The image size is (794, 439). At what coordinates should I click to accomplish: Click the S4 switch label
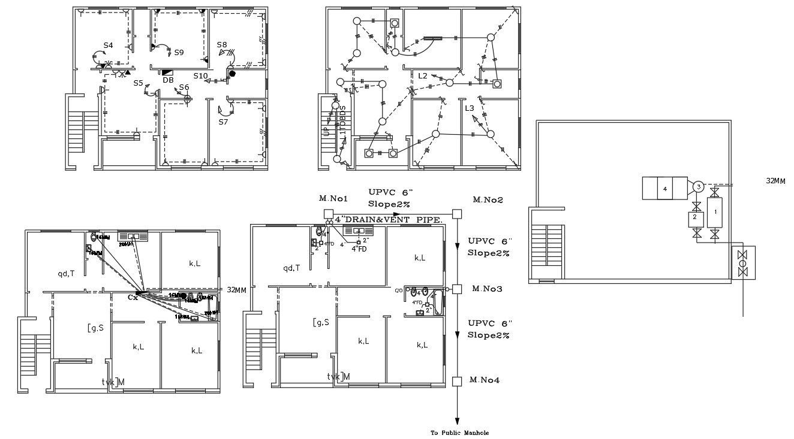tap(108, 46)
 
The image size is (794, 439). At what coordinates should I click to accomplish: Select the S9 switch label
tap(179, 53)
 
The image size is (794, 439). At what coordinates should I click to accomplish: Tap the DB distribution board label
tap(168, 80)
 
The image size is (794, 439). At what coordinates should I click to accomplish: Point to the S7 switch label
tap(223, 122)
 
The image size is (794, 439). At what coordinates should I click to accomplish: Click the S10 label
tap(200, 76)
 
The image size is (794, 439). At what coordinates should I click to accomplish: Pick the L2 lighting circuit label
tap(423, 76)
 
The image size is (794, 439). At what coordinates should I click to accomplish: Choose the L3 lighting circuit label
tap(470, 108)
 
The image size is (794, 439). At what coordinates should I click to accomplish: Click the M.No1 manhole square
tap(328, 214)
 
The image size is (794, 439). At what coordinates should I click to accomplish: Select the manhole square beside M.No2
tap(457, 214)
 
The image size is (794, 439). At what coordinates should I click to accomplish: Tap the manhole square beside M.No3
tap(457, 289)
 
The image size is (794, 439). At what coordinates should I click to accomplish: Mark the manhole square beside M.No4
tap(457, 380)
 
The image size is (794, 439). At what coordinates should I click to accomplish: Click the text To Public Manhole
tap(456, 432)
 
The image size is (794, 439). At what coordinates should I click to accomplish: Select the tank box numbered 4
tap(664, 188)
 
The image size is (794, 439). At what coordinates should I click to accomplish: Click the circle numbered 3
tap(698, 187)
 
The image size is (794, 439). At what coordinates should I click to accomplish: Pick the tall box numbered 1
tap(714, 211)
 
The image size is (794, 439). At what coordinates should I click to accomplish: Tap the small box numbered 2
tap(695, 218)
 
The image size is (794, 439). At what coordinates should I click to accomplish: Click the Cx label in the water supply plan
tap(133, 297)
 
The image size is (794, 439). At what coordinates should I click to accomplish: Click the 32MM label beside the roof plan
tap(775, 181)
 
